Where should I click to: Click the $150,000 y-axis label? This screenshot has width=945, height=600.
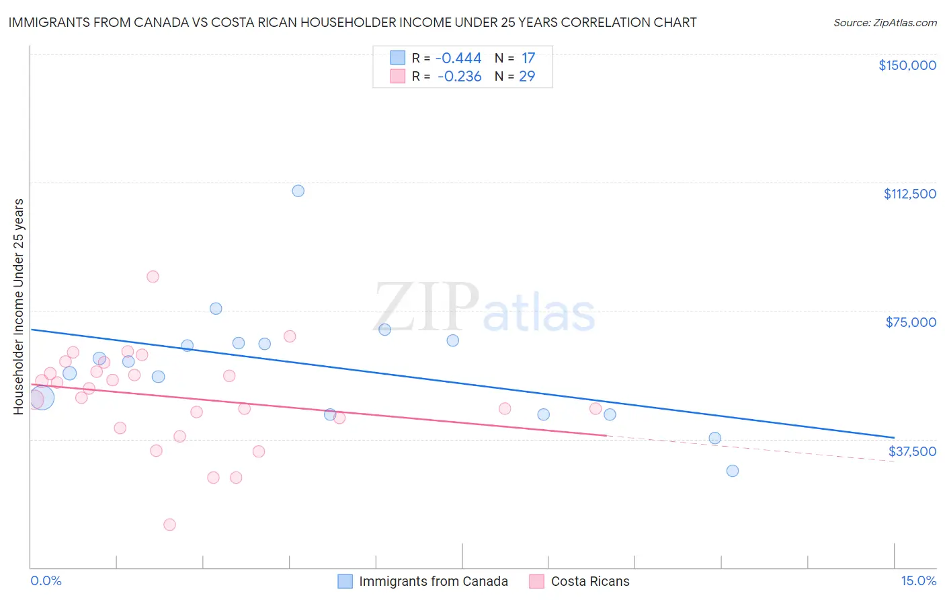(907, 65)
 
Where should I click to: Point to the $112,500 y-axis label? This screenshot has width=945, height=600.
(909, 194)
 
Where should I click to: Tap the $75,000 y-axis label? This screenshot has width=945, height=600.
(911, 322)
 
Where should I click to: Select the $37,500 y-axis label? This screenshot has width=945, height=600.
(912, 451)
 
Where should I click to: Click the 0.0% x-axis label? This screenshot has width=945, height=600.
(46, 581)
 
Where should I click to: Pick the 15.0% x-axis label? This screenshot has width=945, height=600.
(918, 581)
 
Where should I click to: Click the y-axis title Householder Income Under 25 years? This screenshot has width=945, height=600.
(19, 306)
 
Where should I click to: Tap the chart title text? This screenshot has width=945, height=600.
(352, 22)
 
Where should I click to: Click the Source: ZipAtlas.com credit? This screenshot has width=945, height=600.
(885, 22)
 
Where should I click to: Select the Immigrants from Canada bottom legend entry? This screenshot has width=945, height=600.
(423, 581)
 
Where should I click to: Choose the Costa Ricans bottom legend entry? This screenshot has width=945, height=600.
(579, 581)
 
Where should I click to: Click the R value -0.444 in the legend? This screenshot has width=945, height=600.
(458, 59)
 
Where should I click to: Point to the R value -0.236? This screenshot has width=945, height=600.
(459, 77)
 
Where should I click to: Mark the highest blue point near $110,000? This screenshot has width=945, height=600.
(298, 191)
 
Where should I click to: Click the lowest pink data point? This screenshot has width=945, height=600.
(169, 525)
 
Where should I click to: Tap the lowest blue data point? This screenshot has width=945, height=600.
(733, 471)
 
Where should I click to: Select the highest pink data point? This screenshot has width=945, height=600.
(153, 276)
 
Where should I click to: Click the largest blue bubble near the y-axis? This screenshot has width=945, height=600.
(42, 398)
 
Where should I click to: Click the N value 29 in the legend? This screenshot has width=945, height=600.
(527, 77)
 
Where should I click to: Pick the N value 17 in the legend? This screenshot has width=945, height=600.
(528, 59)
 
